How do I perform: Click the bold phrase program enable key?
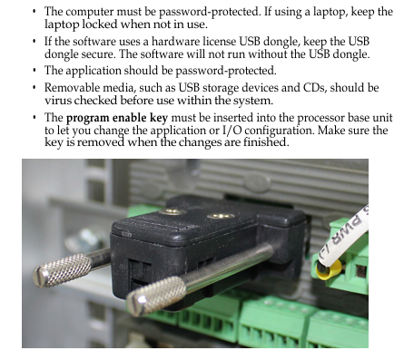coord(117,118)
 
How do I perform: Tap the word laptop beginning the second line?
coord(62,24)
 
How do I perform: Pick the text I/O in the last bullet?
coord(232,131)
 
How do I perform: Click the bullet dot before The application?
coord(34,71)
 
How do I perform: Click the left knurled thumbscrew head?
coord(62,270)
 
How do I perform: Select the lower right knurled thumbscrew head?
coord(156,296)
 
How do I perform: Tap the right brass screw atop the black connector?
coord(221,216)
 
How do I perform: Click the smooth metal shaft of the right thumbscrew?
coord(226,267)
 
